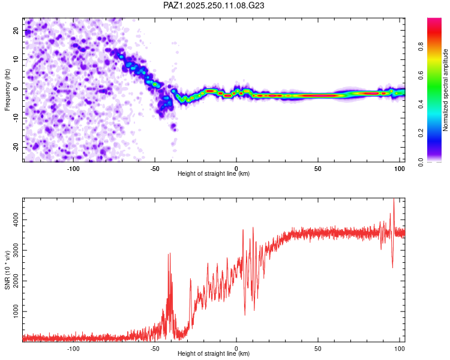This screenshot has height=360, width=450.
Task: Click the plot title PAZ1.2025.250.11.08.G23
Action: pyautogui.click(x=214, y=5)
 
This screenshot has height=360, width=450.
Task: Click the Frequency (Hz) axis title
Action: pyautogui.click(x=7, y=90)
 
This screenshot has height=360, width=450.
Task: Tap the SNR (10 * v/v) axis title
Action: pyautogui.click(x=7, y=270)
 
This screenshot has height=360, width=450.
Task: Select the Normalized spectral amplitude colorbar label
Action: pyautogui.click(x=445, y=90)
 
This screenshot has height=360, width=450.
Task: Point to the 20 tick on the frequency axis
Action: pyautogui.click(x=16, y=30)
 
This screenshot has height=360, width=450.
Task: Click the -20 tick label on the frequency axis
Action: pyautogui.click(x=16, y=147)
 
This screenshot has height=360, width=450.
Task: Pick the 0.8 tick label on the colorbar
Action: pyautogui.click(x=421, y=46)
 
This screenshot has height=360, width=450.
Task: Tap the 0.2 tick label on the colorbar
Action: pyautogui.click(x=421, y=133)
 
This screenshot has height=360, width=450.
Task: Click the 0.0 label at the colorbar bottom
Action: pyautogui.click(x=421, y=162)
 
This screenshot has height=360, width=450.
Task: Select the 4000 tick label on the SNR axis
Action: pyautogui.click(x=16, y=220)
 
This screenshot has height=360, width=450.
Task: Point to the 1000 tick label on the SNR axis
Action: pyautogui.click(x=16, y=311)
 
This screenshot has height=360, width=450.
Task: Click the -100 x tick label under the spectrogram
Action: pyautogui.click(x=73, y=169)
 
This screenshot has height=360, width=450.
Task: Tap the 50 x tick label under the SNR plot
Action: pyautogui.click(x=317, y=349)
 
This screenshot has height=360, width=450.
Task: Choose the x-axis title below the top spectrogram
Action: pyautogui.click(x=214, y=173)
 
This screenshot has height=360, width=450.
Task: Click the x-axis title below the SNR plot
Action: pyautogui.click(x=214, y=353)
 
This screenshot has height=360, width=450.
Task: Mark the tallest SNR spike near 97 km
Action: pyautogui.click(x=394, y=199)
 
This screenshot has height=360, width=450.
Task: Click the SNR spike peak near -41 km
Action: pyautogui.click(x=170, y=253)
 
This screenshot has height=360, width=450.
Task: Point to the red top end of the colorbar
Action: pyautogui.click(x=434, y=19)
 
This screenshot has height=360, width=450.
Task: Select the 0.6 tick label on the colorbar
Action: pyautogui.click(x=421, y=75)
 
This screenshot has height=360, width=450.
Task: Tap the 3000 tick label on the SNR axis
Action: pyautogui.click(x=16, y=250)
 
